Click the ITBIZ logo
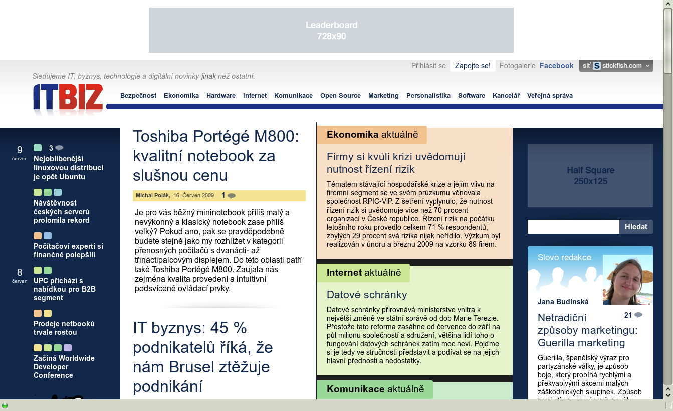68,98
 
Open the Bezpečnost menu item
138,96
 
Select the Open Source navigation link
340,96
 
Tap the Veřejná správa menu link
550,96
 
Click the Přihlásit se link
428,66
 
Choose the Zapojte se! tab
473,66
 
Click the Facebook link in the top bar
556,66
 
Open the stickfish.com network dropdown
616,66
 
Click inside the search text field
573,227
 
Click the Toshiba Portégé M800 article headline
216,156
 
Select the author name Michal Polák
153,195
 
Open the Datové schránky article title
367,295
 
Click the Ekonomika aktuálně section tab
372,135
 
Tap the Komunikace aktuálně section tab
375,389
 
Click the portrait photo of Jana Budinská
627,280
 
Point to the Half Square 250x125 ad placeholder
590,176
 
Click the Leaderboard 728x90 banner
331,30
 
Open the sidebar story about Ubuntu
68,168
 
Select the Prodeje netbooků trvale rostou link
64,328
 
